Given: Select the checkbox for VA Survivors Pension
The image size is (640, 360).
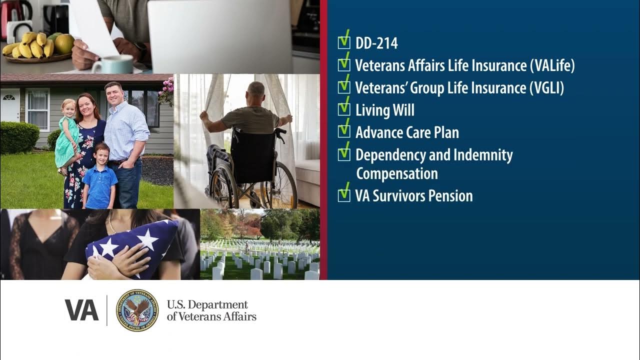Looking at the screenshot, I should click(344, 195).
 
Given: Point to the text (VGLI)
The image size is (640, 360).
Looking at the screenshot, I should click(546, 88).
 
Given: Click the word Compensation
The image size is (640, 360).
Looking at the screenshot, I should click(396, 173).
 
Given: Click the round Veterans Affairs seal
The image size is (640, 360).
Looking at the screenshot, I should click(137, 310).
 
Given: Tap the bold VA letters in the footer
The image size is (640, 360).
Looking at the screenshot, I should click(81, 310).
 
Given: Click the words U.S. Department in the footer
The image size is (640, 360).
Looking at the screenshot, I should click(207, 304).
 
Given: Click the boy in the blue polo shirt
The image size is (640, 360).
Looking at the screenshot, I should click(99, 177).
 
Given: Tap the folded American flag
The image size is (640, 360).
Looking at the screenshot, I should click(132, 248).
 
